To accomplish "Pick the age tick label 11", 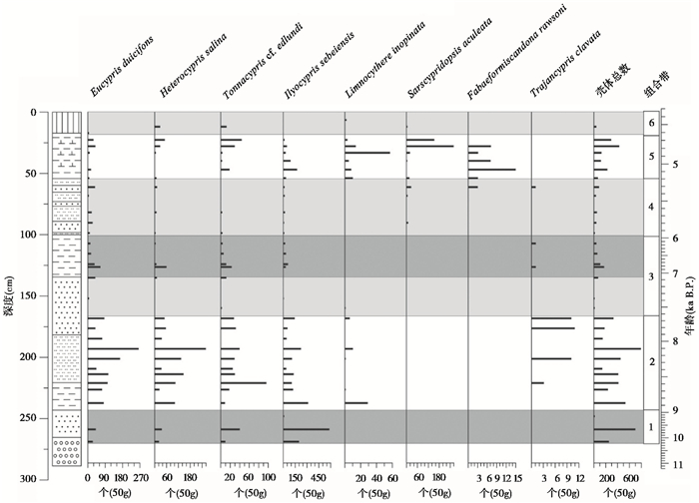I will coord(678,466).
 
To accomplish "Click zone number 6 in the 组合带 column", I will coord(651,124).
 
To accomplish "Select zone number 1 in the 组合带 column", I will coord(651,427).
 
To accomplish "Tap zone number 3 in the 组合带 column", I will coord(651,275).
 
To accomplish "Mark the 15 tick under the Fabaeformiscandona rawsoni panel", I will coord(519,479).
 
